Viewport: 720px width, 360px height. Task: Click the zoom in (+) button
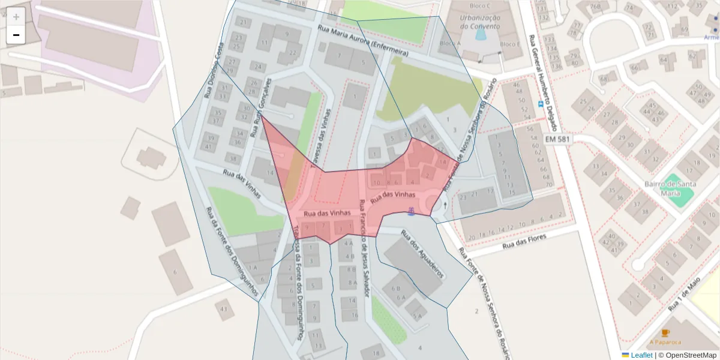click(x=16, y=17)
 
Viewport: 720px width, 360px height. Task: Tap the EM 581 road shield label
click(x=558, y=139)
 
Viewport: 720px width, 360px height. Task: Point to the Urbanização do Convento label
click(x=480, y=22)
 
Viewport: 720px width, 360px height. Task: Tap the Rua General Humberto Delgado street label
click(x=544, y=82)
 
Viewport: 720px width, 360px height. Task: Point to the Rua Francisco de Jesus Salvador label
click(x=365, y=248)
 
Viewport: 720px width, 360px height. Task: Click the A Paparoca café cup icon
click(x=665, y=333)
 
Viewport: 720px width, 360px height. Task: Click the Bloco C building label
click(x=481, y=6)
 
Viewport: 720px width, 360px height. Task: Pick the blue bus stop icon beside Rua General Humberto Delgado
click(x=541, y=104)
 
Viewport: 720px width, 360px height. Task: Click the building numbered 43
click(x=224, y=308)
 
